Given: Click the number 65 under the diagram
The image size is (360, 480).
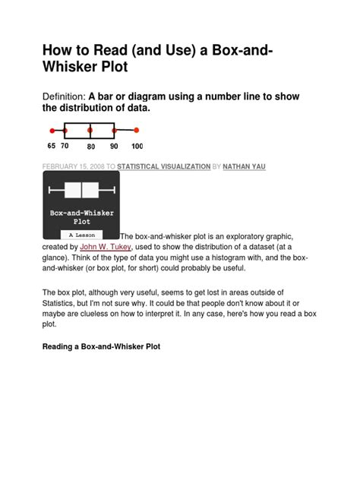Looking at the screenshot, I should point(52,145).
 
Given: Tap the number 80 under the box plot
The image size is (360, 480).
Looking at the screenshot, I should point(90,146).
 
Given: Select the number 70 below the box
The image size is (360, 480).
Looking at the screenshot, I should point(65,145).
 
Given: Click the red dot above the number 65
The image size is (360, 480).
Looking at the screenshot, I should point(52,131).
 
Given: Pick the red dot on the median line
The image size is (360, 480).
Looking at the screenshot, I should point(90,131).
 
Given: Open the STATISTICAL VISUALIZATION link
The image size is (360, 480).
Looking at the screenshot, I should point(164,166).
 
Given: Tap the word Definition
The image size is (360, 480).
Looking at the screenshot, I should point(63,96).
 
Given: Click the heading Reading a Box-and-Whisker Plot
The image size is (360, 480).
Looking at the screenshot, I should point(100,346).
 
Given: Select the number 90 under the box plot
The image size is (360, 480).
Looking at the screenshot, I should point(114,146).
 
